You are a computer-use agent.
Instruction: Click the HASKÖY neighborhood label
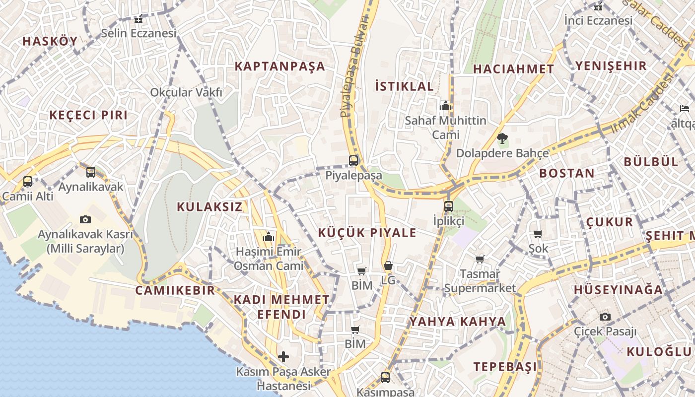(x=50, y=41)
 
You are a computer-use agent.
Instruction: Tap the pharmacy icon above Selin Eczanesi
(x=139, y=20)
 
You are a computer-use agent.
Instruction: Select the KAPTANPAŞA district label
(x=279, y=66)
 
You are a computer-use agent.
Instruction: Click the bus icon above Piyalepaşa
(x=353, y=160)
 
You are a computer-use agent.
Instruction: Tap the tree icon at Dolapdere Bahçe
(x=502, y=138)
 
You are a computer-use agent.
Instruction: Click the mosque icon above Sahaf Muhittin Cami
(x=445, y=106)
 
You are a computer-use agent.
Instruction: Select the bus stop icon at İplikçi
(x=448, y=206)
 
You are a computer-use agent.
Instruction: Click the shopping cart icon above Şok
(x=538, y=234)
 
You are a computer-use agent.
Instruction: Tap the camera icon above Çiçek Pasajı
(x=605, y=317)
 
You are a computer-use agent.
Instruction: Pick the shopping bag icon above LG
(x=388, y=266)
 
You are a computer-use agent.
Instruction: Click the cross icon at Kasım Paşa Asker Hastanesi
(x=283, y=357)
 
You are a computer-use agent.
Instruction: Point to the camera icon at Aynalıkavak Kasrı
(x=85, y=219)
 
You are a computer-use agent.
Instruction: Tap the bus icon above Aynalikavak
(x=91, y=172)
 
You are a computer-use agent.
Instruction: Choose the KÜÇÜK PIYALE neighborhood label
(x=367, y=233)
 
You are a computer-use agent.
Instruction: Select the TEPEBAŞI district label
(x=505, y=367)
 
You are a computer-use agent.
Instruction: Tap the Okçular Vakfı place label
(x=186, y=92)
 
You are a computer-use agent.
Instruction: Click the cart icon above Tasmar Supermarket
(x=480, y=259)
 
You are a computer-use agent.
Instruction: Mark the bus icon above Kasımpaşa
(x=385, y=377)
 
